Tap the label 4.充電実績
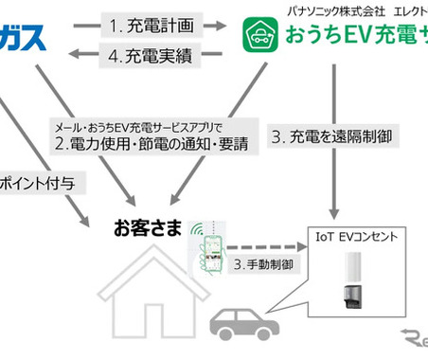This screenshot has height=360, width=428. tap(150, 56)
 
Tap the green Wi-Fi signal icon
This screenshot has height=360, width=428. tap(198, 229)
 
